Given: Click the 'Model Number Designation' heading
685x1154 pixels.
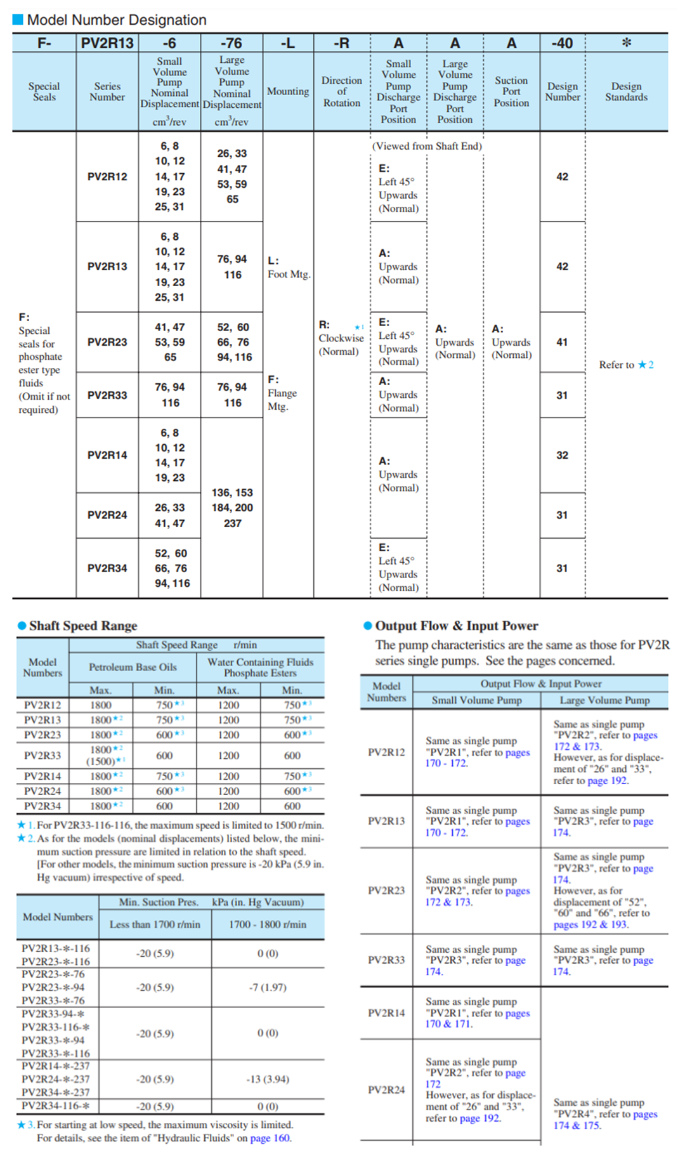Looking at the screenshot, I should [x=117, y=20].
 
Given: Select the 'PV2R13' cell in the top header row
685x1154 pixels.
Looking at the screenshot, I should [x=107, y=43].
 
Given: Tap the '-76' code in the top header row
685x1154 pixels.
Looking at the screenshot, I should [x=232, y=43].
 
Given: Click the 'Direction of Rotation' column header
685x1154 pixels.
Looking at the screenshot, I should [x=341, y=91].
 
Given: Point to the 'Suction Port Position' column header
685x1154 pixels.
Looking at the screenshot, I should [x=511, y=91].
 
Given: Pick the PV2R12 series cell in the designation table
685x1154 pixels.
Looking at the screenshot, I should [x=107, y=176].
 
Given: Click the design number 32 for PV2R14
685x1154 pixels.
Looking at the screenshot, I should [x=562, y=455].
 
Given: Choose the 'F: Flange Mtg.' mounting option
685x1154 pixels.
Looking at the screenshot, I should [x=282, y=393].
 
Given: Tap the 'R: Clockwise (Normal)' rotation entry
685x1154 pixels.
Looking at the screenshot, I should [x=341, y=338].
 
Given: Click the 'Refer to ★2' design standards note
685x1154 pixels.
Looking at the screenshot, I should [x=626, y=365].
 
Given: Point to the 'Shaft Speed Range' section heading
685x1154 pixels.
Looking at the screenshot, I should [x=83, y=626].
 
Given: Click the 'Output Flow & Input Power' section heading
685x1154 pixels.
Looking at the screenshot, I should [x=457, y=626].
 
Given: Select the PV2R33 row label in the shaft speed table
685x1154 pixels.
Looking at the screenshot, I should [x=42, y=755].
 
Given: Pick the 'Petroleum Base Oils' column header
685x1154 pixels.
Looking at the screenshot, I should [x=133, y=667].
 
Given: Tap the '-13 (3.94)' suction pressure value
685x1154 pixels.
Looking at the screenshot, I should [x=268, y=1079].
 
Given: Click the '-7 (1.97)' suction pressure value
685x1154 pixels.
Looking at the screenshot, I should [x=268, y=987].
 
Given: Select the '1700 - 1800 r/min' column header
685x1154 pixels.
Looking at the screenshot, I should [x=268, y=924].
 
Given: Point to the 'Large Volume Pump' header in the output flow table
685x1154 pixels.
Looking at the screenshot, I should [x=604, y=700].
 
